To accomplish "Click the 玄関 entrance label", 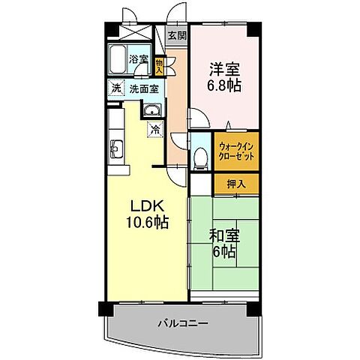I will (177, 35).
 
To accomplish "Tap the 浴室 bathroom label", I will (138, 58).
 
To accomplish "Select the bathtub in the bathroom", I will (118, 58).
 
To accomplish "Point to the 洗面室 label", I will (143, 88).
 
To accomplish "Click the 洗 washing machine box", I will (115, 88).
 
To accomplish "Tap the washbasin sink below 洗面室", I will (152, 112).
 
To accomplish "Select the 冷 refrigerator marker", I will (155, 130).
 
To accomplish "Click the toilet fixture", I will (200, 155).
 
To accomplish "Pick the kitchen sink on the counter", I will (116, 146).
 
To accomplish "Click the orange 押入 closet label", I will (236, 182).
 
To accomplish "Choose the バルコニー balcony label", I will (183, 323).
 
